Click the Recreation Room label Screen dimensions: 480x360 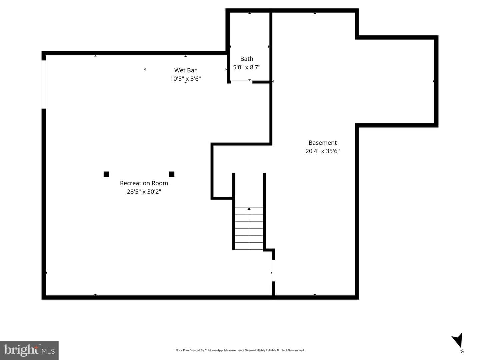144,183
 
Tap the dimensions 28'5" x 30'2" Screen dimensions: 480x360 144,192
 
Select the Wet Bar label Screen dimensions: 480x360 185,70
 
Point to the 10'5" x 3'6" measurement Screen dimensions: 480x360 185,79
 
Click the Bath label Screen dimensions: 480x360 247,59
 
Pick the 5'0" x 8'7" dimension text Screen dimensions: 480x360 247,67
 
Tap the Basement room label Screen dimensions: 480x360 323,143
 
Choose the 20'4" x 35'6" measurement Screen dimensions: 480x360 323,151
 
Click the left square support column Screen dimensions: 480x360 106,174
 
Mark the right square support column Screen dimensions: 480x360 171,174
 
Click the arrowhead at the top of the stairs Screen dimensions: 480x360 249,209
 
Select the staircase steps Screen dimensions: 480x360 249,228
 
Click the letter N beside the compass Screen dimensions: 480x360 462,351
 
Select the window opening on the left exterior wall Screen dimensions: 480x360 44,84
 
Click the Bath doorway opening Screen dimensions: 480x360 242,82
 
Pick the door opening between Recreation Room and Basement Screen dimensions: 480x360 273,271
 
